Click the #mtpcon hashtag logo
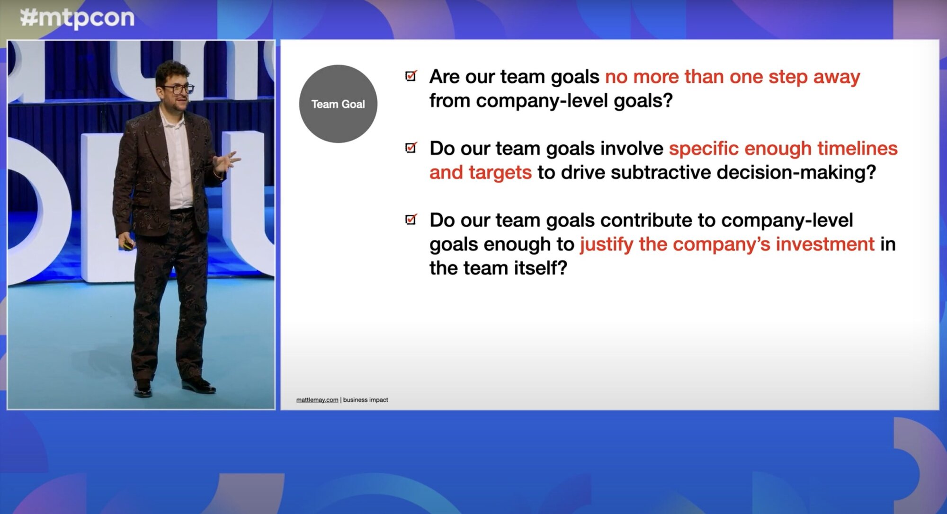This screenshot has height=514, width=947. coord(77,18)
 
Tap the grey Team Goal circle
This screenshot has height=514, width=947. coord(338,104)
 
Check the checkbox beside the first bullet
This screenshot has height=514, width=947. coord(411,76)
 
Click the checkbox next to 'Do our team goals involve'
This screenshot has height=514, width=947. coord(411,148)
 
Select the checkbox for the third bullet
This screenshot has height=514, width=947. coord(411,219)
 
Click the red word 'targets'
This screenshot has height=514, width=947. coord(500,173)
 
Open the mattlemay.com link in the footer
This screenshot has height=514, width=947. coord(317,400)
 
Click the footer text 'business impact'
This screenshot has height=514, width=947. coord(365,400)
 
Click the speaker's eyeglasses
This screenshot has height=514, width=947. coord(179,89)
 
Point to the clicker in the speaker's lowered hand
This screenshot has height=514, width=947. coord(128,245)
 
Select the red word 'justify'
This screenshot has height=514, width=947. coord(606,244)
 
